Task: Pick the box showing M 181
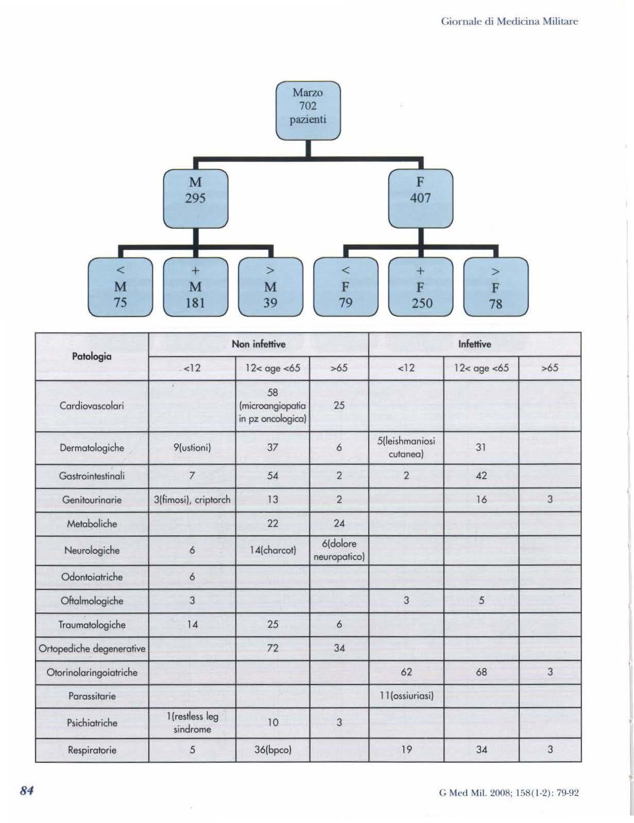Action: point(196,287)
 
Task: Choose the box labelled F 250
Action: point(421,287)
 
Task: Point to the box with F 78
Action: point(496,287)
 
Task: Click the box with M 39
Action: point(270,287)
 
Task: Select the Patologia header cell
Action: point(92,356)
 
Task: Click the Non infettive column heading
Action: point(259,344)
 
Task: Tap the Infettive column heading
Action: point(474,344)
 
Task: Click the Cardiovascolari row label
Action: point(92,406)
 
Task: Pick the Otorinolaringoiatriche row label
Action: point(92,672)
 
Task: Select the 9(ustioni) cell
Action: point(192,448)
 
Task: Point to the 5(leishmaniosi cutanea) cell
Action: point(406,448)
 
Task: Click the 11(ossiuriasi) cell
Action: point(406,696)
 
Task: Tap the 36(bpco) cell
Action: point(272,750)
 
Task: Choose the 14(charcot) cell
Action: point(272,550)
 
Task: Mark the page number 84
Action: point(27,791)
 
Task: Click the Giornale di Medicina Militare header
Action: point(509,22)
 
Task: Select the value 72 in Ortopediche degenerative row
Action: point(272,648)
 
